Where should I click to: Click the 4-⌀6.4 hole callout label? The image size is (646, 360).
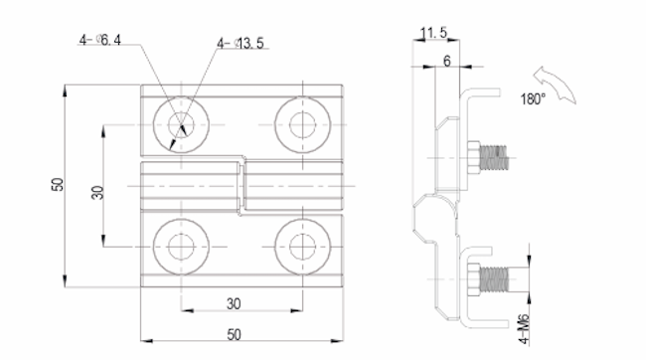[x=100, y=40]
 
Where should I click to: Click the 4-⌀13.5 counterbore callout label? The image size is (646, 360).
[x=241, y=43]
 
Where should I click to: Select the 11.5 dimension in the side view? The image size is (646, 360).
[x=433, y=32]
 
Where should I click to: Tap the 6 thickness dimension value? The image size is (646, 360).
[x=447, y=61]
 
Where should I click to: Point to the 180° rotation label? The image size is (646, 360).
[x=533, y=99]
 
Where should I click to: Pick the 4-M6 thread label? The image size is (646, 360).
[x=523, y=329]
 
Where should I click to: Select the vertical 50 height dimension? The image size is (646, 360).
[x=58, y=184]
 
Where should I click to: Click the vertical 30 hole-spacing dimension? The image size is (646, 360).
[x=97, y=192]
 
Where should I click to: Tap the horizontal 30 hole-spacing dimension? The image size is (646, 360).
[x=234, y=304]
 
